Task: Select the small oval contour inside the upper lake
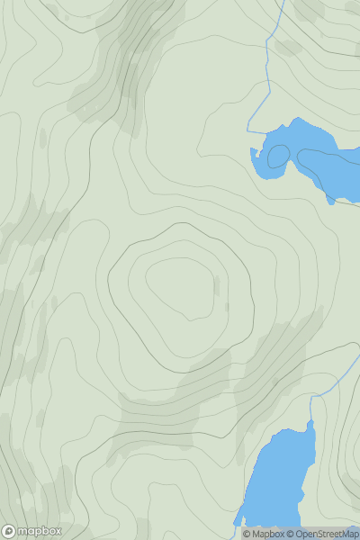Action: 278,156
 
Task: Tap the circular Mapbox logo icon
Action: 10,531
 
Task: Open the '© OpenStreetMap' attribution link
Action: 322,534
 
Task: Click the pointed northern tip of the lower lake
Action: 310,420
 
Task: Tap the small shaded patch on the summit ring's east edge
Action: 216,286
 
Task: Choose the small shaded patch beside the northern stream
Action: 288,47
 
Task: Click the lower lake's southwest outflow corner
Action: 238,521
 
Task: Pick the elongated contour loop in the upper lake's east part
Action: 328,166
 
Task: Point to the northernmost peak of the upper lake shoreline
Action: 293,119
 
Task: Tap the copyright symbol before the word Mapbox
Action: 247,534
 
